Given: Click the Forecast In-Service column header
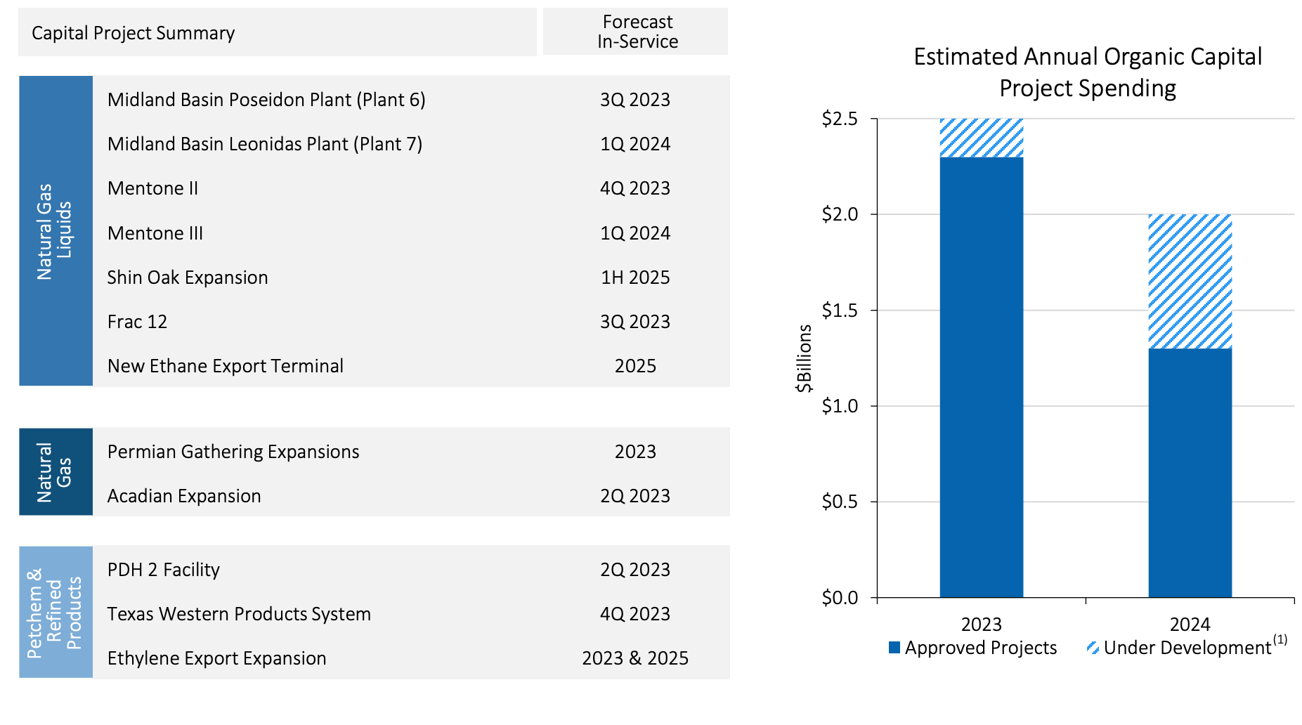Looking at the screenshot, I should coord(637,32).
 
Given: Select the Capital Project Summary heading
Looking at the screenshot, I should coord(134,33).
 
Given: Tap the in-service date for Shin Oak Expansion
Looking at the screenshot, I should coord(635,277).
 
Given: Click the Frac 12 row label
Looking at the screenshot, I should coord(138,322).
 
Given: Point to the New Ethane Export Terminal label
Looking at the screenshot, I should coord(225,366).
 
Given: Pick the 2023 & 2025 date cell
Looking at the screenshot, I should coord(635,658).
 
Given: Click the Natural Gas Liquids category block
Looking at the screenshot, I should coord(56,231).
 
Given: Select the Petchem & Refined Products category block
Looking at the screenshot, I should coord(56,612).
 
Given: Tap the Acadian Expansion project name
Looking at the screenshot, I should coord(184,496).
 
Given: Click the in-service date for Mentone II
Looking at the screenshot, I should coord(635,188).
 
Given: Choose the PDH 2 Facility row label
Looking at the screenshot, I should coord(164,570).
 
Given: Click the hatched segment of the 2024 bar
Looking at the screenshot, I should coord(1190,281).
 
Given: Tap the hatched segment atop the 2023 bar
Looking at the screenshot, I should coord(981,138).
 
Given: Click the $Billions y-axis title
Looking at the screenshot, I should coord(805,358).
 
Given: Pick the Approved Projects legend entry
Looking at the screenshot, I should coord(973,648).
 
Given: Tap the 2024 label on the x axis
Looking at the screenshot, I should coord(1190,624).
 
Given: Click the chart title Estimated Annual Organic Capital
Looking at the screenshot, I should coord(1087,57).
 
